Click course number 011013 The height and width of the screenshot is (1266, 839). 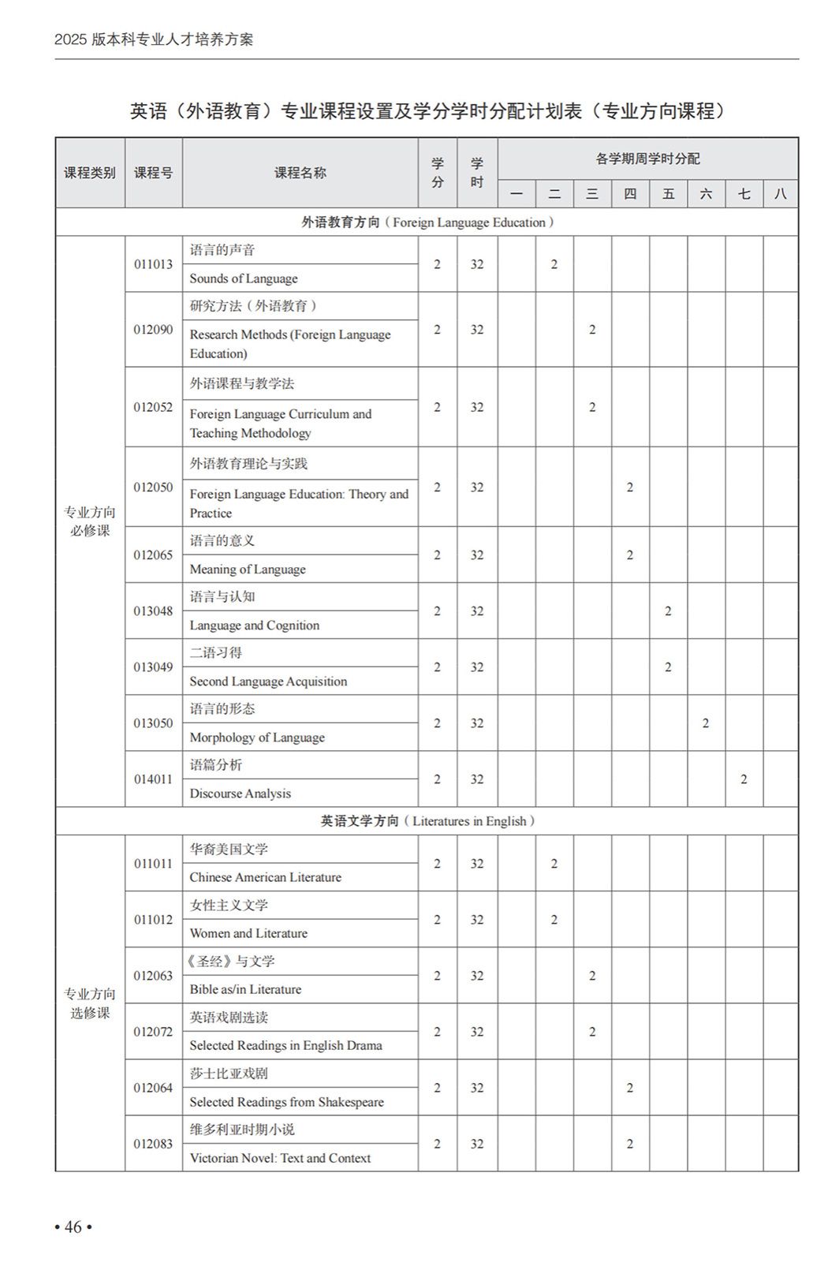click(x=153, y=264)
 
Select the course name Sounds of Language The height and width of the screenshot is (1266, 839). click(x=244, y=278)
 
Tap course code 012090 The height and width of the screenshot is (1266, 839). click(x=153, y=329)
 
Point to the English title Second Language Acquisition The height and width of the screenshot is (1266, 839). click(x=268, y=682)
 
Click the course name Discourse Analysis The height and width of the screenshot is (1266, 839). click(x=241, y=794)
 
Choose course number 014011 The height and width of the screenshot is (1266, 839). click(x=153, y=779)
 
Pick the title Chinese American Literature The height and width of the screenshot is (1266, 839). click(x=266, y=877)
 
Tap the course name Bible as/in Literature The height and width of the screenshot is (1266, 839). click(x=245, y=989)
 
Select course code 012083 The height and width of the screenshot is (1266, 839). click(x=153, y=1144)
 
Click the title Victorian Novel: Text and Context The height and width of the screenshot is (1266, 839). click(x=280, y=1158)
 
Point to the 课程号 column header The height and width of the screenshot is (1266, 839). click(x=153, y=173)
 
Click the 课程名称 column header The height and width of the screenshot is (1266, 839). click(x=300, y=173)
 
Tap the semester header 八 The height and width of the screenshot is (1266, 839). click(x=781, y=193)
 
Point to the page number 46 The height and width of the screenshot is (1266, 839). click(x=73, y=1227)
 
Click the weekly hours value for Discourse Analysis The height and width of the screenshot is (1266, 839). click(x=744, y=779)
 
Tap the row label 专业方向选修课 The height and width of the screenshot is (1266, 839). click(x=90, y=1003)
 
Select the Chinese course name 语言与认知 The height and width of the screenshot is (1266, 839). click(x=222, y=597)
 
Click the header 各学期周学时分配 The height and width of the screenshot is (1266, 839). click(x=647, y=159)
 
